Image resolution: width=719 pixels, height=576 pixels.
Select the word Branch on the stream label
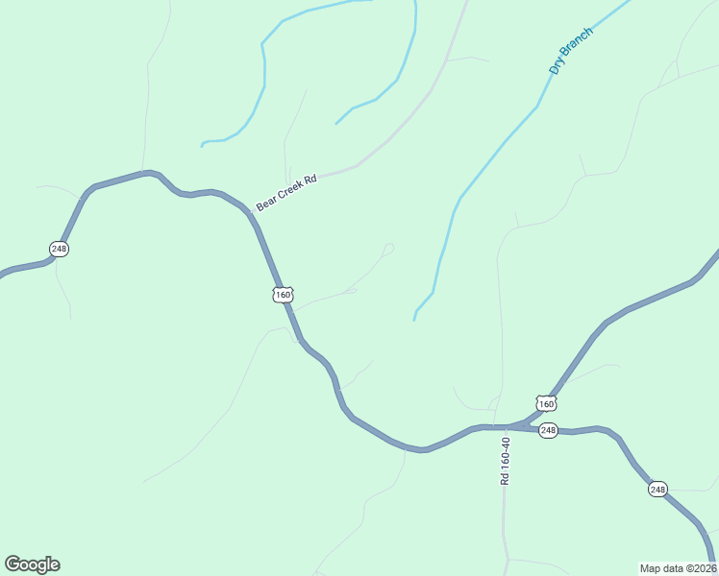[x=577, y=45]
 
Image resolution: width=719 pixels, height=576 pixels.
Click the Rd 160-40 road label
[x=505, y=460]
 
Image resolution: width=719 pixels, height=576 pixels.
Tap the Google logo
[x=32, y=564]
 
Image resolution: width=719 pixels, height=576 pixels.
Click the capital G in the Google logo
[x=12, y=564]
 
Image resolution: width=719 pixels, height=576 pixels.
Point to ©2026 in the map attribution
[x=701, y=567]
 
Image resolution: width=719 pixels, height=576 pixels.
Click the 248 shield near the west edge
[x=60, y=249]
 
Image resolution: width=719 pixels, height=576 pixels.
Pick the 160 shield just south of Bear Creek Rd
[x=283, y=295]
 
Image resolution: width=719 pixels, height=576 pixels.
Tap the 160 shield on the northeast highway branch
[x=546, y=403]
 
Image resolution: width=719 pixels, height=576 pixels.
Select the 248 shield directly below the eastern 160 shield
[x=548, y=430]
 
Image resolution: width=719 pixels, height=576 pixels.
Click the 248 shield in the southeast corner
[x=657, y=490]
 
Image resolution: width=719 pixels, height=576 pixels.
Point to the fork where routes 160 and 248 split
[x=527, y=422]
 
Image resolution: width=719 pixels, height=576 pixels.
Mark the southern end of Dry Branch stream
[x=414, y=320]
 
